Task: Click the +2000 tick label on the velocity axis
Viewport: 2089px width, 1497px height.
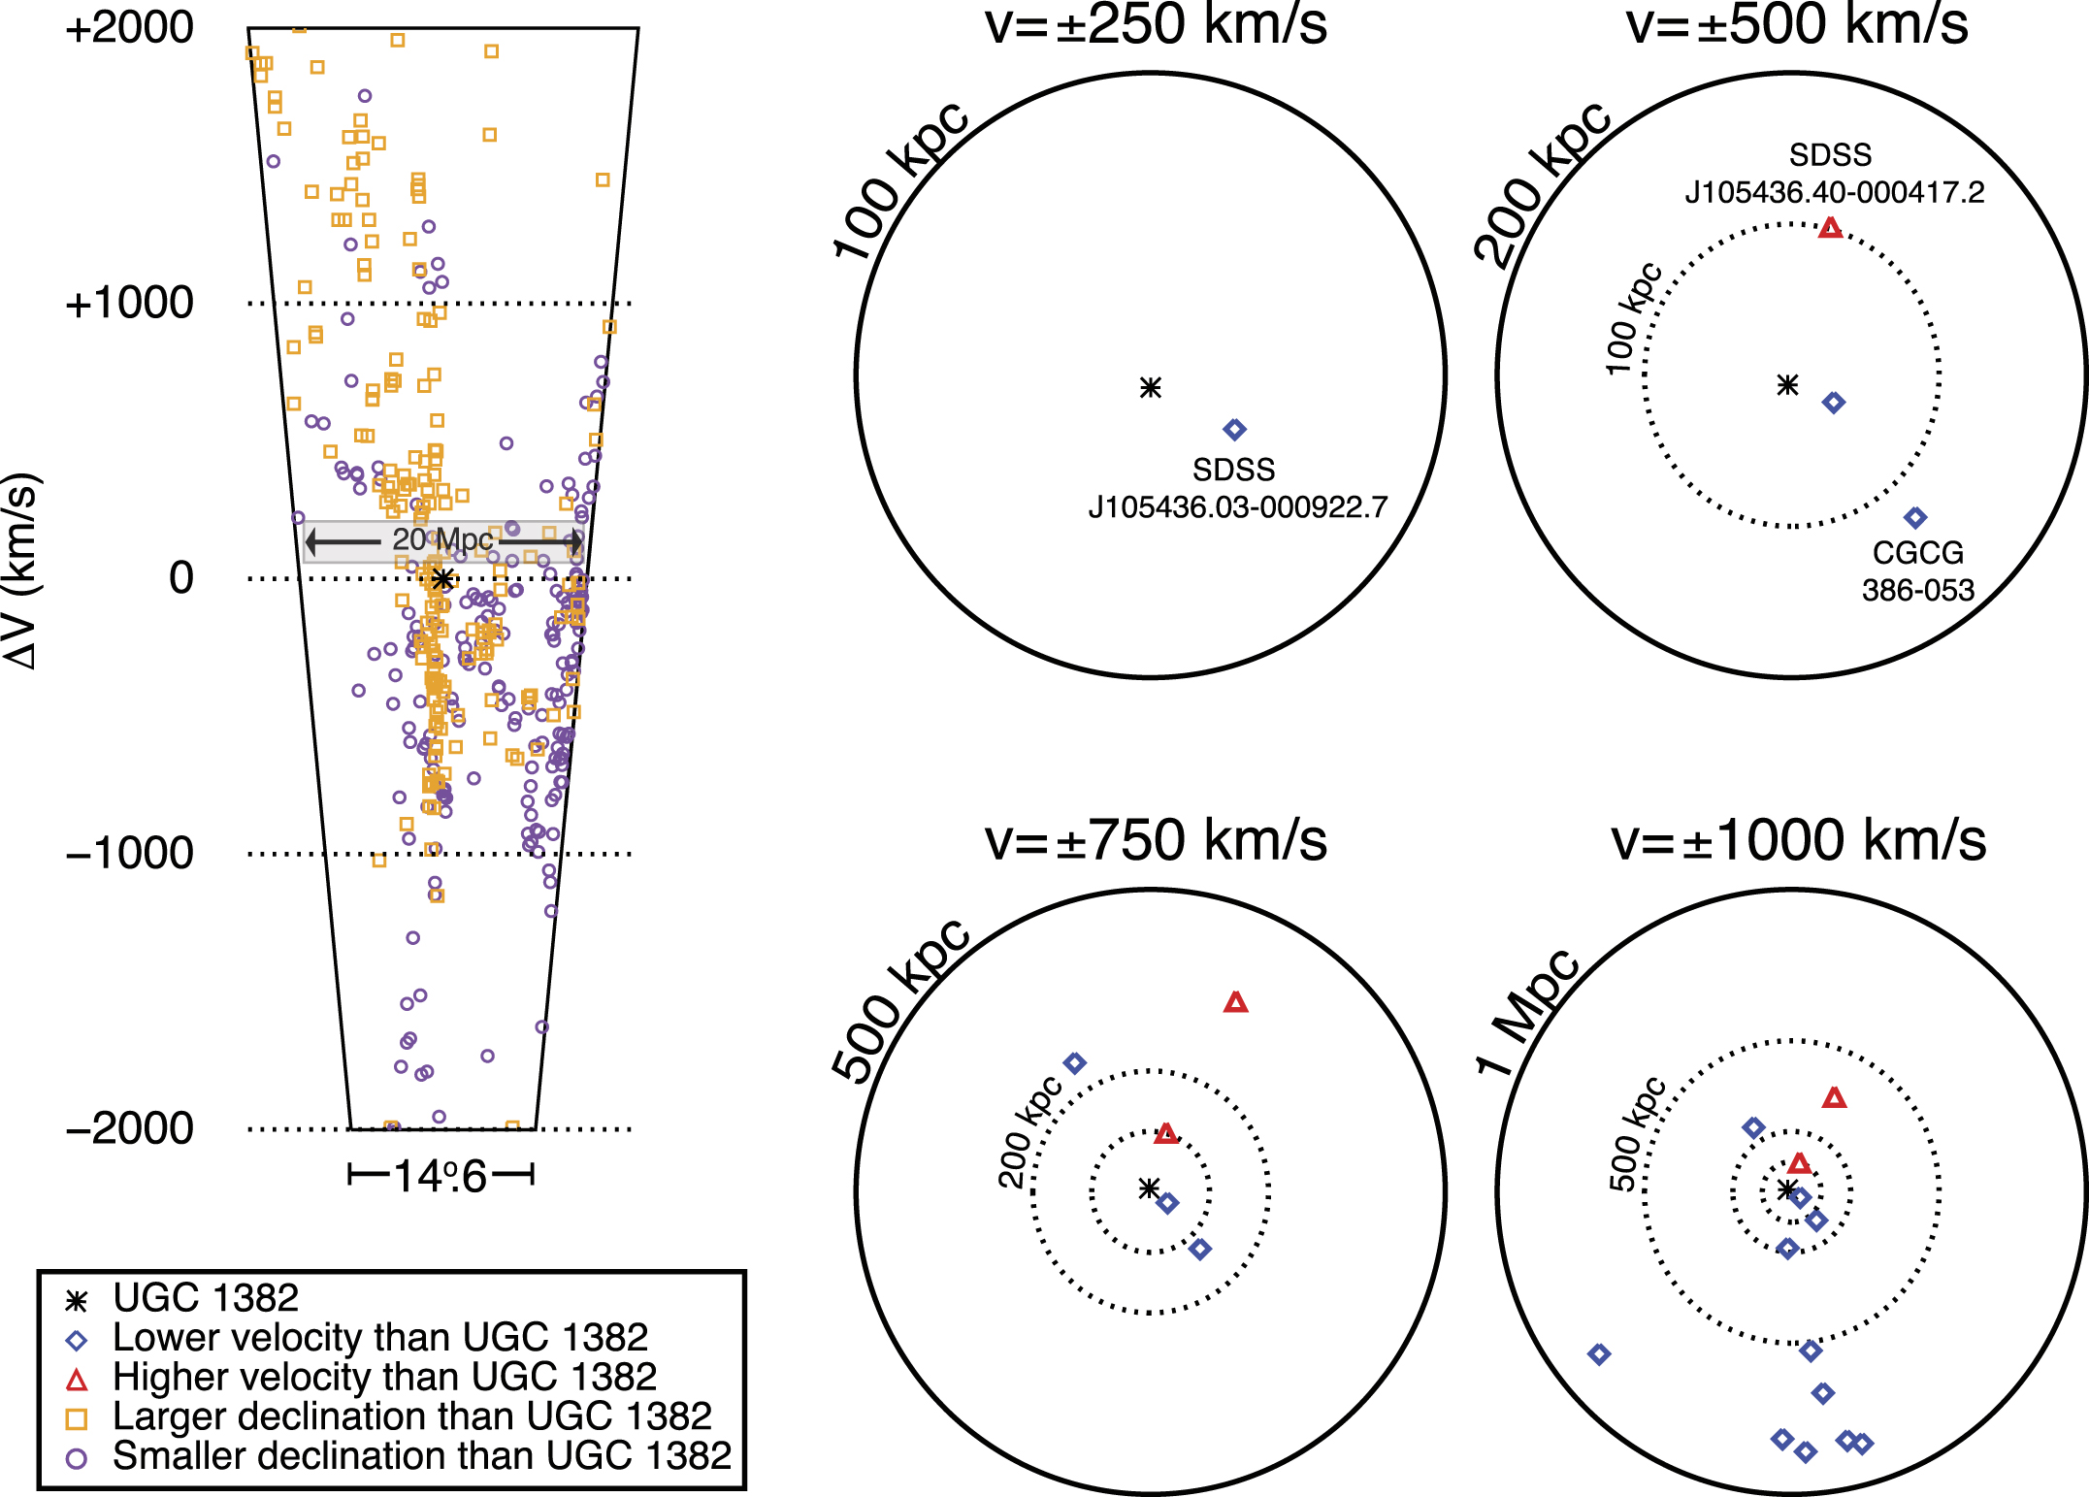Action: click(129, 27)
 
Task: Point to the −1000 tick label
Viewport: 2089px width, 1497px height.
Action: click(129, 854)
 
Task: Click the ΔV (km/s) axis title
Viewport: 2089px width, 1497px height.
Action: click(21, 570)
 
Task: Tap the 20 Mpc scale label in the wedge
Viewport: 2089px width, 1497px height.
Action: click(442, 539)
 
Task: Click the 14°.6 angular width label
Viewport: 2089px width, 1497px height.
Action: click(441, 1177)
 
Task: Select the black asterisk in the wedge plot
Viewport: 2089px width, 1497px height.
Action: click(442, 579)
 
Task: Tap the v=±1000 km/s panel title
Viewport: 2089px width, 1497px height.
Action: click(1798, 840)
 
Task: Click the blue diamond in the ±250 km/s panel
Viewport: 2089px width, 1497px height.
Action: click(1234, 429)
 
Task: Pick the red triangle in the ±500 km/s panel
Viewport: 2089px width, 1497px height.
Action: click(1830, 229)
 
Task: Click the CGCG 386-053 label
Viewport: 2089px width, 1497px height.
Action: click(1917, 571)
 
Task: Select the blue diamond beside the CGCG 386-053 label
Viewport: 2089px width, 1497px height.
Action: click(1914, 517)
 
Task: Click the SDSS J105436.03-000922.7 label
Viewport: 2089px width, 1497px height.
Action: click(1236, 489)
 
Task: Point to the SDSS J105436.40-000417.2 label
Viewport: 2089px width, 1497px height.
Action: click(1834, 174)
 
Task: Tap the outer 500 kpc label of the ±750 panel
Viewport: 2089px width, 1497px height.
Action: click(900, 999)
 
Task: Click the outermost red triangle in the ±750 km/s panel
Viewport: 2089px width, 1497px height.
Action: click(1235, 1003)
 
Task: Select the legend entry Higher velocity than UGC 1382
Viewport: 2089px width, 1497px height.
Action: click(384, 1377)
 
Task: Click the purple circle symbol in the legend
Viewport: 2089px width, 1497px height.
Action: click(76, 1458)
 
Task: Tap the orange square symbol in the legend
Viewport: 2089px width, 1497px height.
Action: click(76, 1418)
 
